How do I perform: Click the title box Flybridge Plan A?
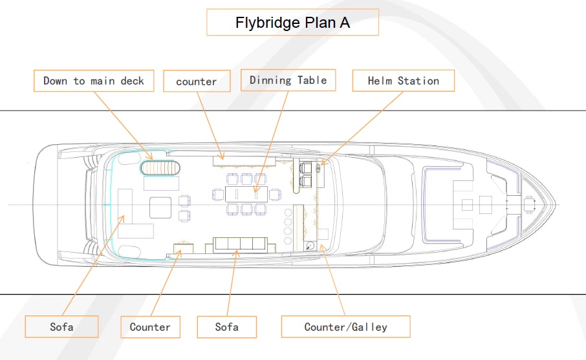pyautogui.click(x=292, y=23)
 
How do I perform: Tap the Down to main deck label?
pyautogui.click(x=94, y=81)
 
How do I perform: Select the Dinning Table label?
pyautogui.click(x=288, y=80)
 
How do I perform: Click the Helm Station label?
pyautogui.click(x=403, y=81)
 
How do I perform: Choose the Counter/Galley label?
pyautogui.click(x=345, y=326)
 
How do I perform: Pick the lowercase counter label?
pyautogui.click(x=197, y=81)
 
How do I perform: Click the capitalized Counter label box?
pyautogui.click(x=150, y=326)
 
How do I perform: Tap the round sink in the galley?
pyautogui.click(x=311, y=246)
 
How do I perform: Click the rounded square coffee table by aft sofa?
pyautogui.click(x=160, y=207)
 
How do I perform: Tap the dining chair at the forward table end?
pyautogui.click(x=275, y=193)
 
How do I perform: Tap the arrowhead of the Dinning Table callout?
pyautogui.click(x=256, y=192)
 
